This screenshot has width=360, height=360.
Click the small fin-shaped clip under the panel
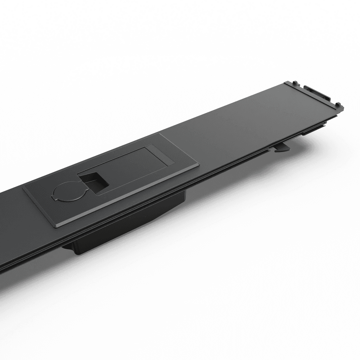[x=283, y=148]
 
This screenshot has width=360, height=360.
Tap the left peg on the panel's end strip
[x=295, y=83]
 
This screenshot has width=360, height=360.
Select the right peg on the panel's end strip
[x=338, y=105]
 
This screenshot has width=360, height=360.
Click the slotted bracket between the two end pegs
[x=317, y=93]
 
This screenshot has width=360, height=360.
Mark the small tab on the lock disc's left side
[x=53, y=197]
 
